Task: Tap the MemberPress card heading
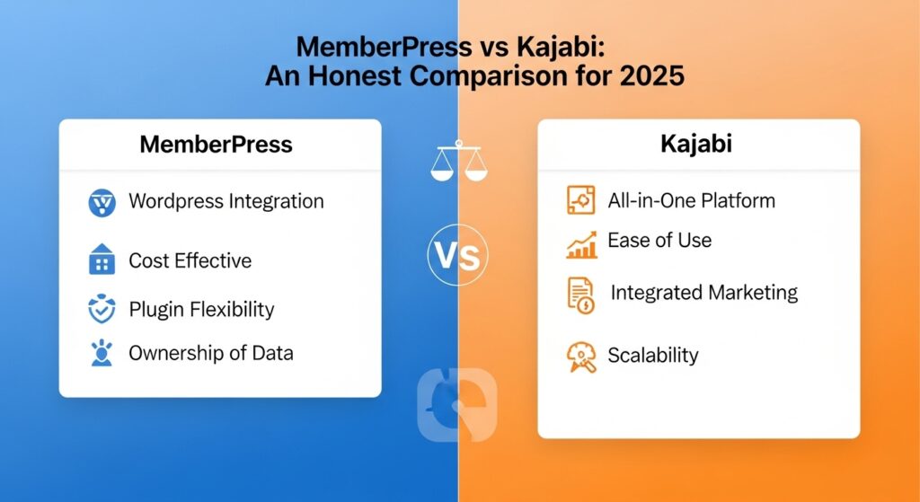tap(216, 144)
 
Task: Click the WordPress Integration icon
tap(102, 202)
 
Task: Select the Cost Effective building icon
tap(102, 261)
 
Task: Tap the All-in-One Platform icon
tap(581, 200)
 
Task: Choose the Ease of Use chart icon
tap(581, 243)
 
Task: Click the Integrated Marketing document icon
tap(581, 295)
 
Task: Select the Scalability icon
tap(581, 357)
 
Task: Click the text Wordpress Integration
tap(226, 200)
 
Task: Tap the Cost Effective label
tap(190, 261)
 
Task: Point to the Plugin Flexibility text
tap(201, 310)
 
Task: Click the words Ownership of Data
tap(210, 353)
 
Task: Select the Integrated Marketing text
tap(703, 292)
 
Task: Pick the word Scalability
tap(652, 355)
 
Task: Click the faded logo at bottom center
tap(457, 404)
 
